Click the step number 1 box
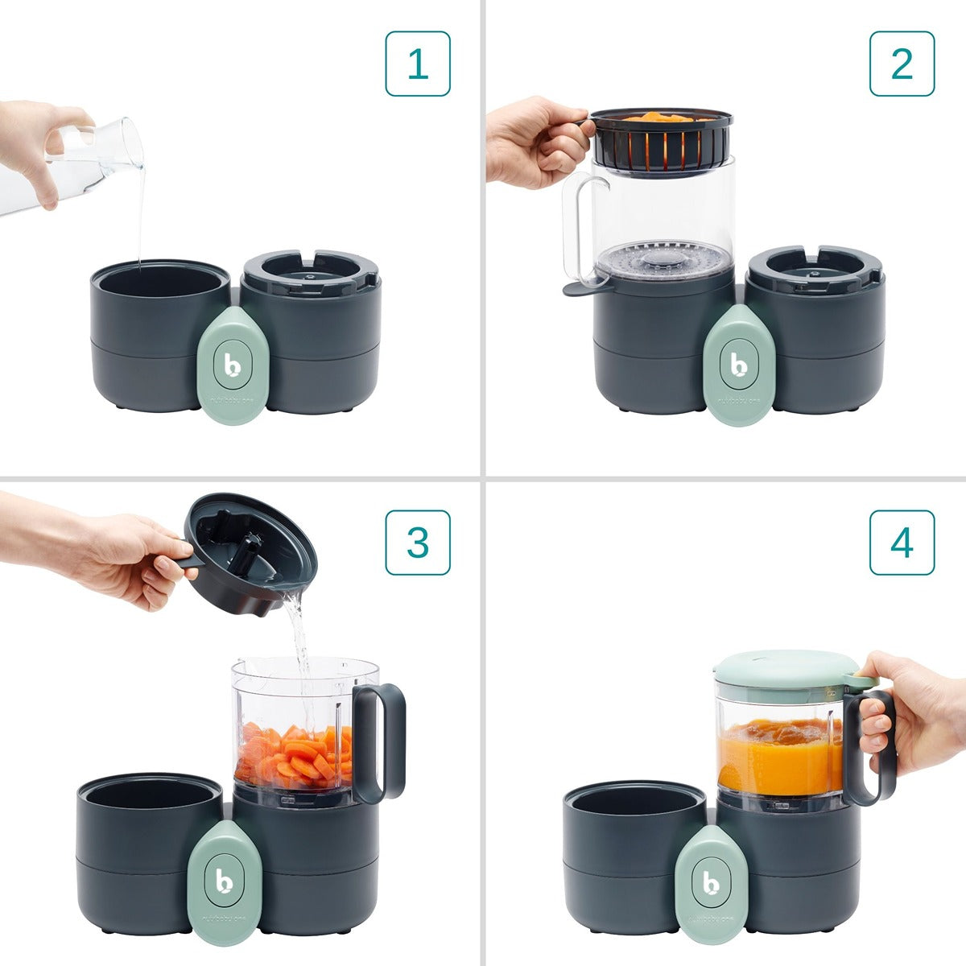[418, 64]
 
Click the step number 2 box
[902, 64]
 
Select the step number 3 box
[418, 543]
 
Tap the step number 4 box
[902, 543]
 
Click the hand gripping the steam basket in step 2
[535, 141]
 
